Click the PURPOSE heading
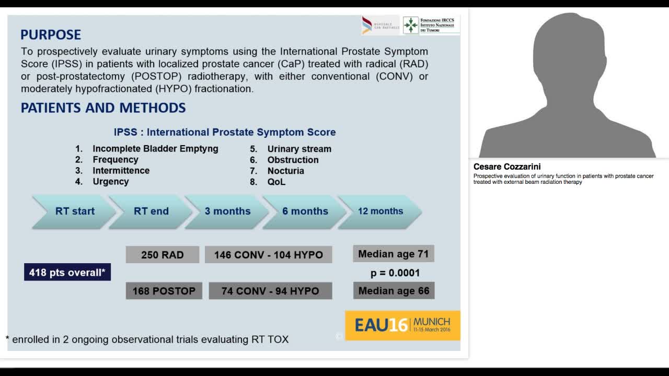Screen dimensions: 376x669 click(51, 35)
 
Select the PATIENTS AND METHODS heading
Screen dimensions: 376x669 click(103, 108)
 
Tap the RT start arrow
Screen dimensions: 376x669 click(74, 211)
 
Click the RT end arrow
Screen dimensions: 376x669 click(151, 211)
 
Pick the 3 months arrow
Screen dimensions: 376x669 click(227, 211)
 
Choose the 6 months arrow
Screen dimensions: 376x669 click(305, 211)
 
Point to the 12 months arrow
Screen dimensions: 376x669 click(380, 211)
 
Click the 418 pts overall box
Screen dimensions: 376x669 click(67, 272)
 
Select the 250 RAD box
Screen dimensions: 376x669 click(162, 255)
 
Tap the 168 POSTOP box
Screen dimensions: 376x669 click(164, 291)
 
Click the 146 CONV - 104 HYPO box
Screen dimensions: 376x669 click(269, 255)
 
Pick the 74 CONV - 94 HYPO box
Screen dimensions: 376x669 click(270, 291)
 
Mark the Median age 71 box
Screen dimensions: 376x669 click(394, 254)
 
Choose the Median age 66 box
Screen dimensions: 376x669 click(394, 291)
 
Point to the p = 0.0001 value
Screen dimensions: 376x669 click(395, 273)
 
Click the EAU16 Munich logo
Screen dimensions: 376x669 click(402, 325)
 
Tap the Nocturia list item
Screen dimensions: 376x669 click(285, 171)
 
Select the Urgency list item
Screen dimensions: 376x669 click(110, 182)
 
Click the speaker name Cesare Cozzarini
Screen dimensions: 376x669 click(507, 167)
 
